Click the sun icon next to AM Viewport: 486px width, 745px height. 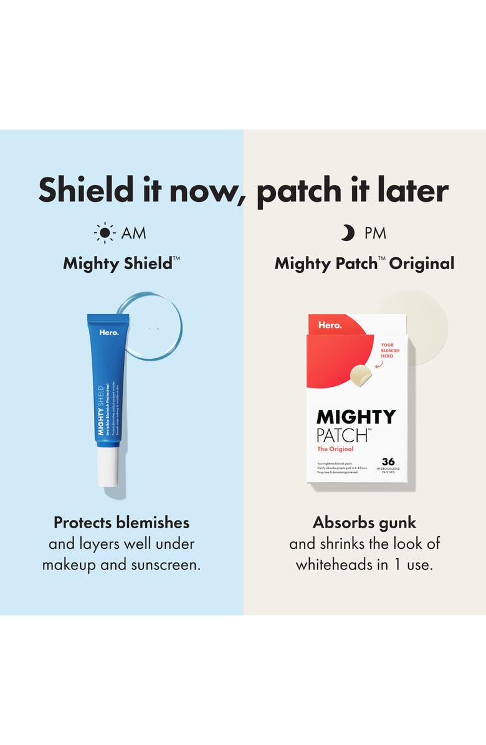click(x=105, y=233)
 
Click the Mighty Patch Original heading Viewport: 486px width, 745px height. click(x=364, y=263)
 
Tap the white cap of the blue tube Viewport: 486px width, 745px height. click(x=108, y=467)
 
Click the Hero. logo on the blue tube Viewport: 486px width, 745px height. click(x=108, y=332)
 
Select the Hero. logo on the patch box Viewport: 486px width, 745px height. click(x=330, y=325)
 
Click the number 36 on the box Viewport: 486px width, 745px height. click(x=388, y=462)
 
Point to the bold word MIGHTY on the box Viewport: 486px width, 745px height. click(x=356, y=417)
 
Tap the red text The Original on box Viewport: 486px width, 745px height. click(x=335, y=448)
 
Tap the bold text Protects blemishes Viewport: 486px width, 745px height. click(x=121, y=522)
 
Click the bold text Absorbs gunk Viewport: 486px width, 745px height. click(x=364, y=522)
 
